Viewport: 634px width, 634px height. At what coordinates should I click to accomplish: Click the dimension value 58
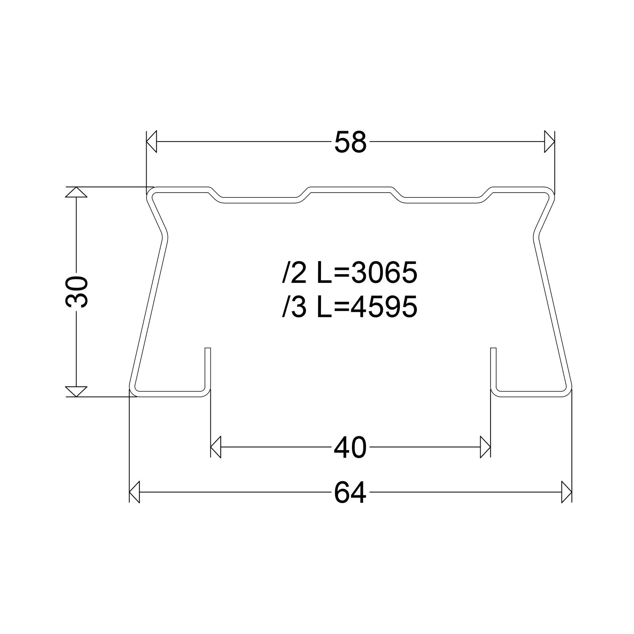[x=350, y=142]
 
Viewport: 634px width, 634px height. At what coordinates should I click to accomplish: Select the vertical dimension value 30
[x=76, y=292]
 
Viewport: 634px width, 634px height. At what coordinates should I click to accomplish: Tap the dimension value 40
[x=350, y=448]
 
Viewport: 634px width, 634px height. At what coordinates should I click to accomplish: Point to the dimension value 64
[x=350, y=493]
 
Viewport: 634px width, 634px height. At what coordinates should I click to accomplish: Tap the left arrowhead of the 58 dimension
[x=152, y=141]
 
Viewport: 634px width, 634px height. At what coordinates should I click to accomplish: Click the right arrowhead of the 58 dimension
[x=549, y=141]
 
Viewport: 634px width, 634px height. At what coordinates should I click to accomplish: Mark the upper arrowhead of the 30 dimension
[x=76, y=192]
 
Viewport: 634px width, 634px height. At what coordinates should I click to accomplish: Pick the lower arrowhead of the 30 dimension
[x=76, y=391]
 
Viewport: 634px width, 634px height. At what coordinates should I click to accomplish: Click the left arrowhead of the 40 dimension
[x=215, y=447]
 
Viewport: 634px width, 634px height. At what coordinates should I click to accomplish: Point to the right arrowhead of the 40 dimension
[x=485, y=447]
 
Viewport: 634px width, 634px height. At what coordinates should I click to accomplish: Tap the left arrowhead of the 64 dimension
[x=135, y=493]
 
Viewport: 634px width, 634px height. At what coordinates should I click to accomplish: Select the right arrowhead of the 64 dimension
[x=567, y=493]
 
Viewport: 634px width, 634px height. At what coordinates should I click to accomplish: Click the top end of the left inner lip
[x=208, y=349]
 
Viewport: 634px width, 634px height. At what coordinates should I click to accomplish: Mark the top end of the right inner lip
[x=493, y=349]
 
